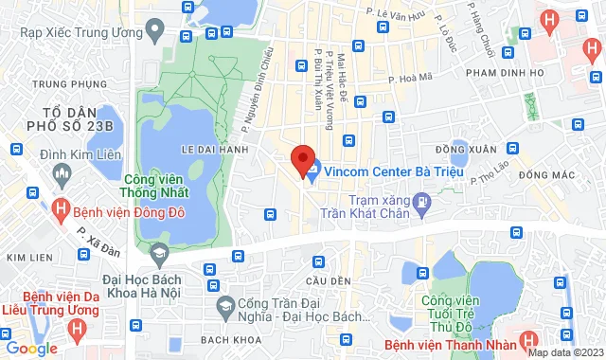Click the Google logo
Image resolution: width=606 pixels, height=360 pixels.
tap(31, 349)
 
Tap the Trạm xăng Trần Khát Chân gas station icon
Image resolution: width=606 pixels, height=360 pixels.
tap(422, 202)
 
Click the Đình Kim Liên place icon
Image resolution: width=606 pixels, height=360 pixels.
tap(62, 174)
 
